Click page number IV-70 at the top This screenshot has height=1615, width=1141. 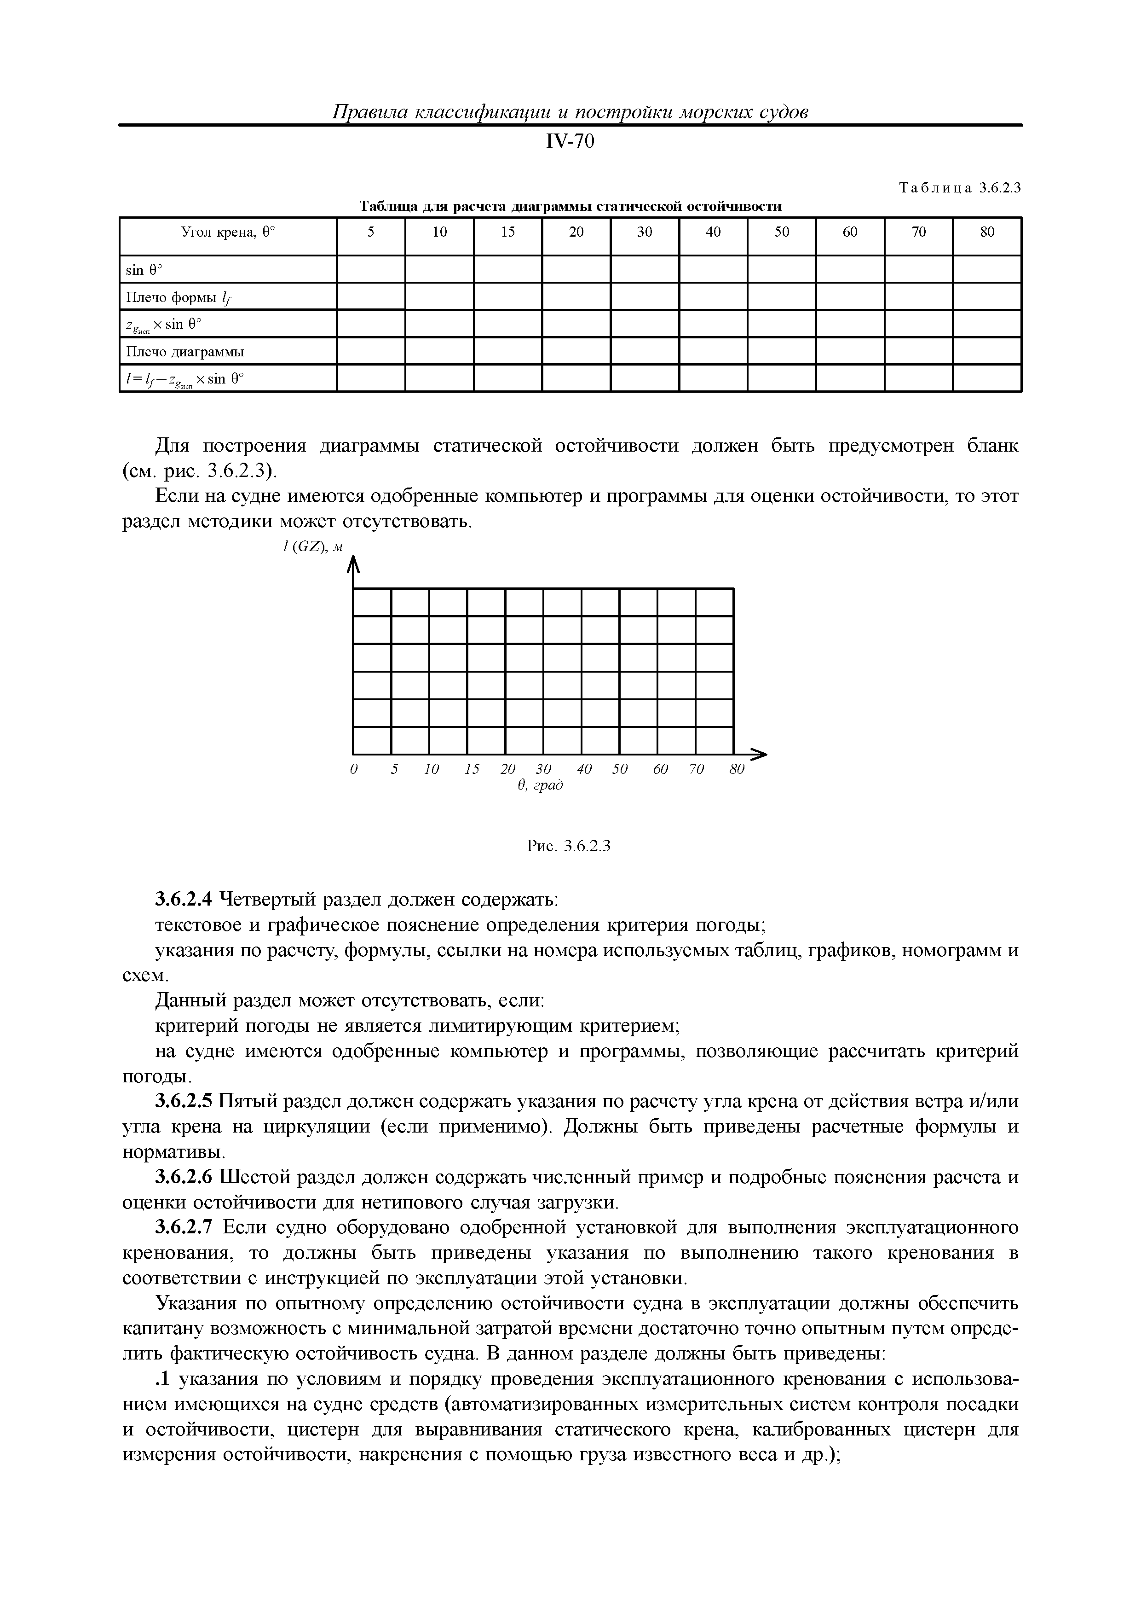pyautogui.click(x=570, y=142)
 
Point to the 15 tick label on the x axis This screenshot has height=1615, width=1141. pyautogui.click(x=472, y=769)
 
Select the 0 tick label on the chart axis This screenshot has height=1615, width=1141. pyautogui.click(x=354, y=769)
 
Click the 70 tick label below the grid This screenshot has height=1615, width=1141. pyautogui.click(x=696, y=769)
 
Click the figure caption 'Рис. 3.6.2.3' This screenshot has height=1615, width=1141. pyautogui.click(x=569, y=846)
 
